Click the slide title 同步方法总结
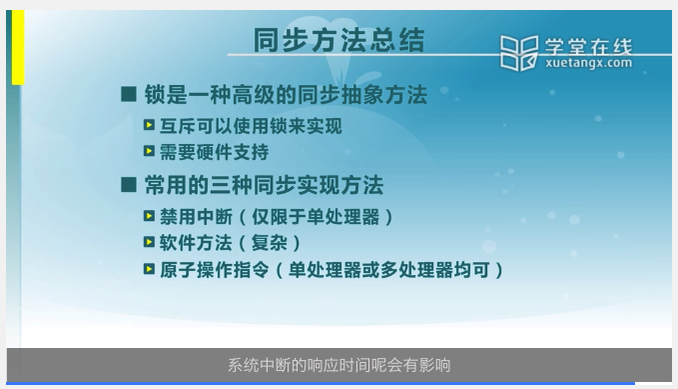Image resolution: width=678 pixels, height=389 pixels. [339, 40]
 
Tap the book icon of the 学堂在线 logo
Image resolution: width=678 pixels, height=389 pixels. [519, 53]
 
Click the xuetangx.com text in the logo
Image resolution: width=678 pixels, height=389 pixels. [588, 63]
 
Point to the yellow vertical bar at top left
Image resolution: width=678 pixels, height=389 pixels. [18, 47]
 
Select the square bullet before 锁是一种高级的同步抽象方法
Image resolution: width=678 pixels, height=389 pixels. [129, 94]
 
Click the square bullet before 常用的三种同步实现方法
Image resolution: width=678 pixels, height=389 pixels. [129, 185]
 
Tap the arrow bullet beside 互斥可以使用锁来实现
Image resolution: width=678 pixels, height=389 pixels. [149, 125]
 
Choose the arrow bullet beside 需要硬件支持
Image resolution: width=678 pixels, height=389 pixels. [149, 151]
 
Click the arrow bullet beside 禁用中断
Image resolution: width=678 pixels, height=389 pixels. [149, 216]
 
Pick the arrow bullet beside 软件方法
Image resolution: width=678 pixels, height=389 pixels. [149, 242]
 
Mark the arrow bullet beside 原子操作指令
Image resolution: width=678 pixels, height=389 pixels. [149, 269]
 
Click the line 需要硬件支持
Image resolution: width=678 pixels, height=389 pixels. [214, 152]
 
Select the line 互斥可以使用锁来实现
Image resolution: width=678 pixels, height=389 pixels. [251, 126]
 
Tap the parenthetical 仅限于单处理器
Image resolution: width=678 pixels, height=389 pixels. [316, 217]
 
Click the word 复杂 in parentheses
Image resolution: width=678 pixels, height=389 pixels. [269, 243]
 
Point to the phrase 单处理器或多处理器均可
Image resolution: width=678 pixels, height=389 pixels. [388, 270]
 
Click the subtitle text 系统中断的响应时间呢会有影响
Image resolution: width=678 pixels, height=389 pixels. [339, 365]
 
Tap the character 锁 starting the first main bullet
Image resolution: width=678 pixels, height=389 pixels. [155, 94]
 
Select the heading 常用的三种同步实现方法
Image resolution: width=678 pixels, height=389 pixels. [264, 185]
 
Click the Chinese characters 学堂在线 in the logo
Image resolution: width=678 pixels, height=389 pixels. [588, 47]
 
